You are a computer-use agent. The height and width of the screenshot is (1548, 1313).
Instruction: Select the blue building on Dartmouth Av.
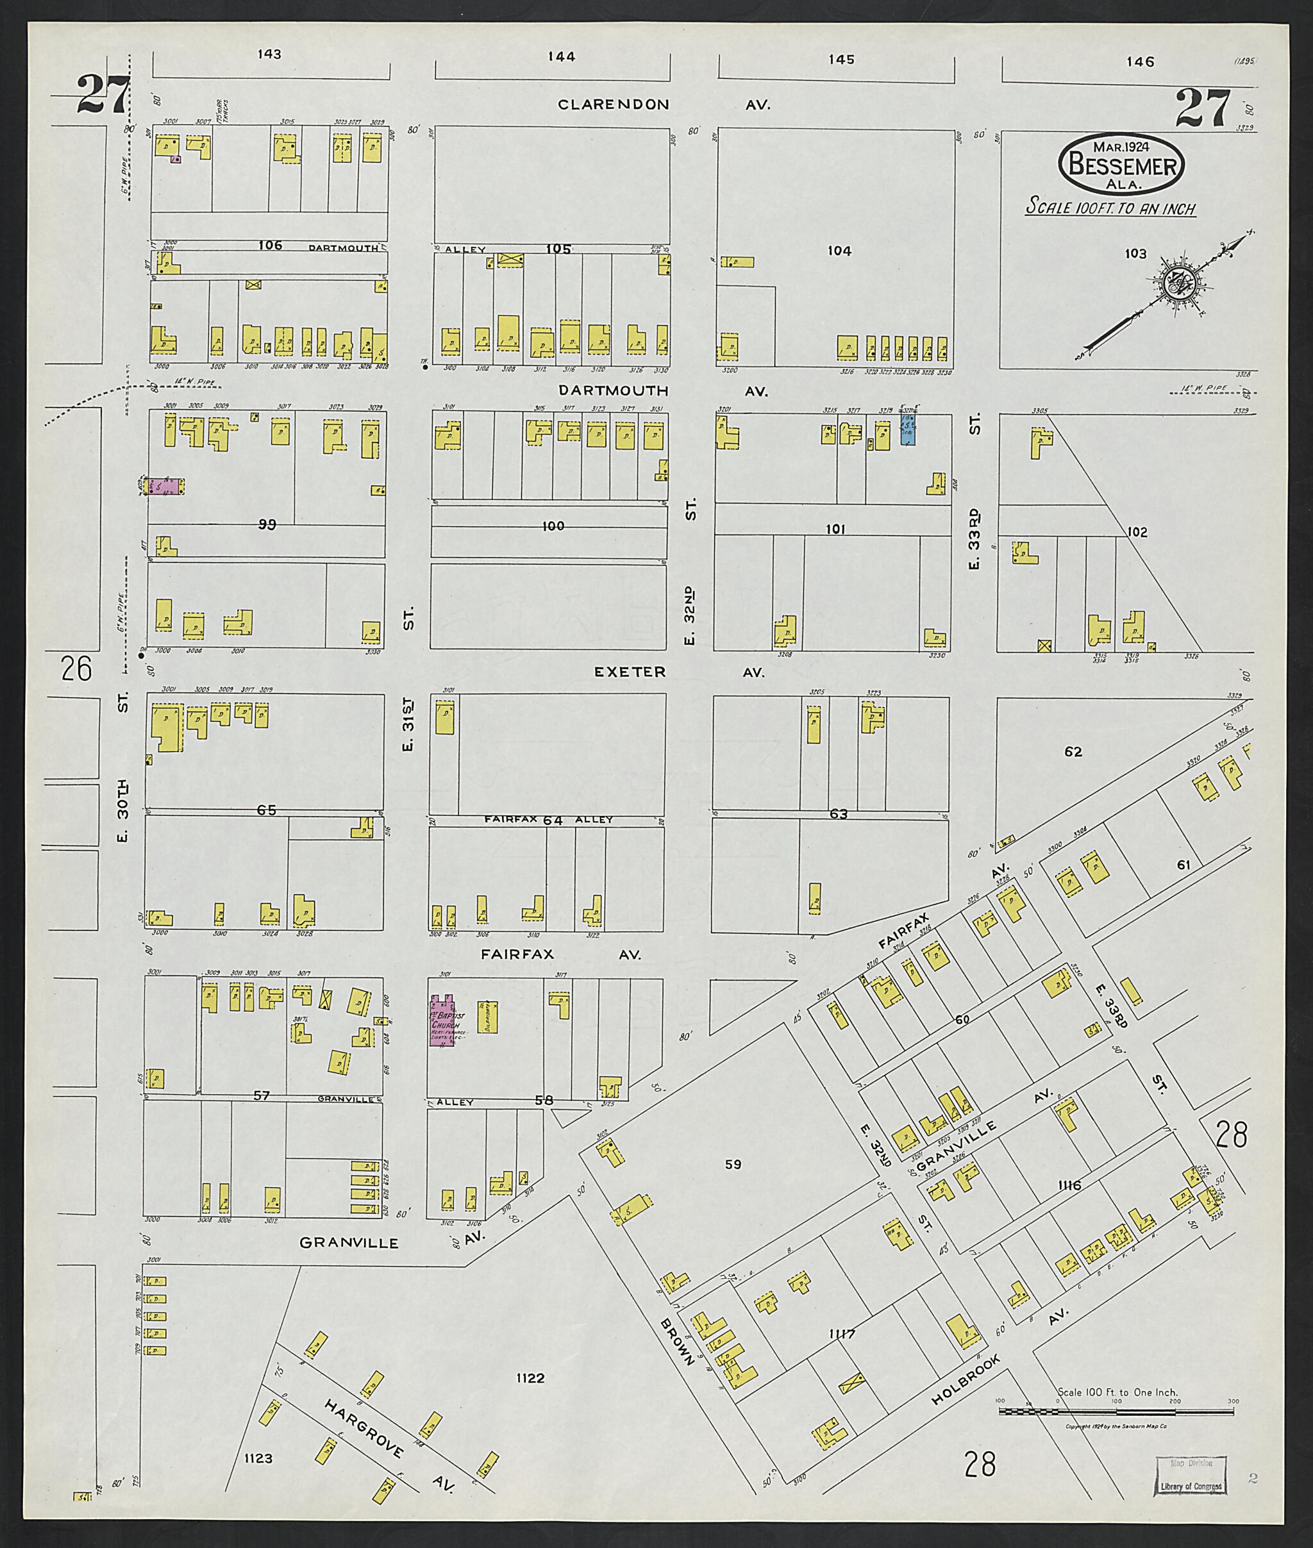(x=907, y=430)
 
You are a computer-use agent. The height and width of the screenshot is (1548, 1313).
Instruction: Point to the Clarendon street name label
(x=614, y=105)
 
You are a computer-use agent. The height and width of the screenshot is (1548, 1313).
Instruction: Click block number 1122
(x=530, y=1378)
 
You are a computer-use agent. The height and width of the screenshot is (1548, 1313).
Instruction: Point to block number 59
(x=733, y=1165)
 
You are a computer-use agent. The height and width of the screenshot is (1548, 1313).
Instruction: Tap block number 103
(x=1135, y=254)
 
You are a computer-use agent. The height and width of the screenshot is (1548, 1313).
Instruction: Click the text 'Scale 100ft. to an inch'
(x=1110, y=208)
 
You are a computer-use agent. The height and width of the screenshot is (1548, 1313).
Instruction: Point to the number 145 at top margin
(x=840, y=60)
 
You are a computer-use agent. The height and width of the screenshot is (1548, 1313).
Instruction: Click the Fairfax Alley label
(x=547, y=819)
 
